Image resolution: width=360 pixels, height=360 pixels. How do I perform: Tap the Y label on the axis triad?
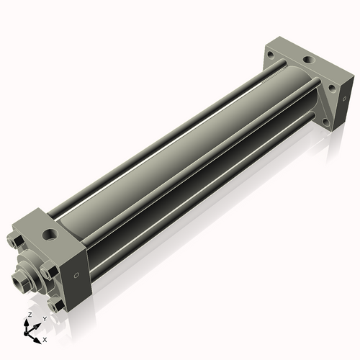pyautogui.click(x=45, y=319)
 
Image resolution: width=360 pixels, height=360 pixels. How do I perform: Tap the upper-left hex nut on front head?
pyautogui.click(x=15, y=238)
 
